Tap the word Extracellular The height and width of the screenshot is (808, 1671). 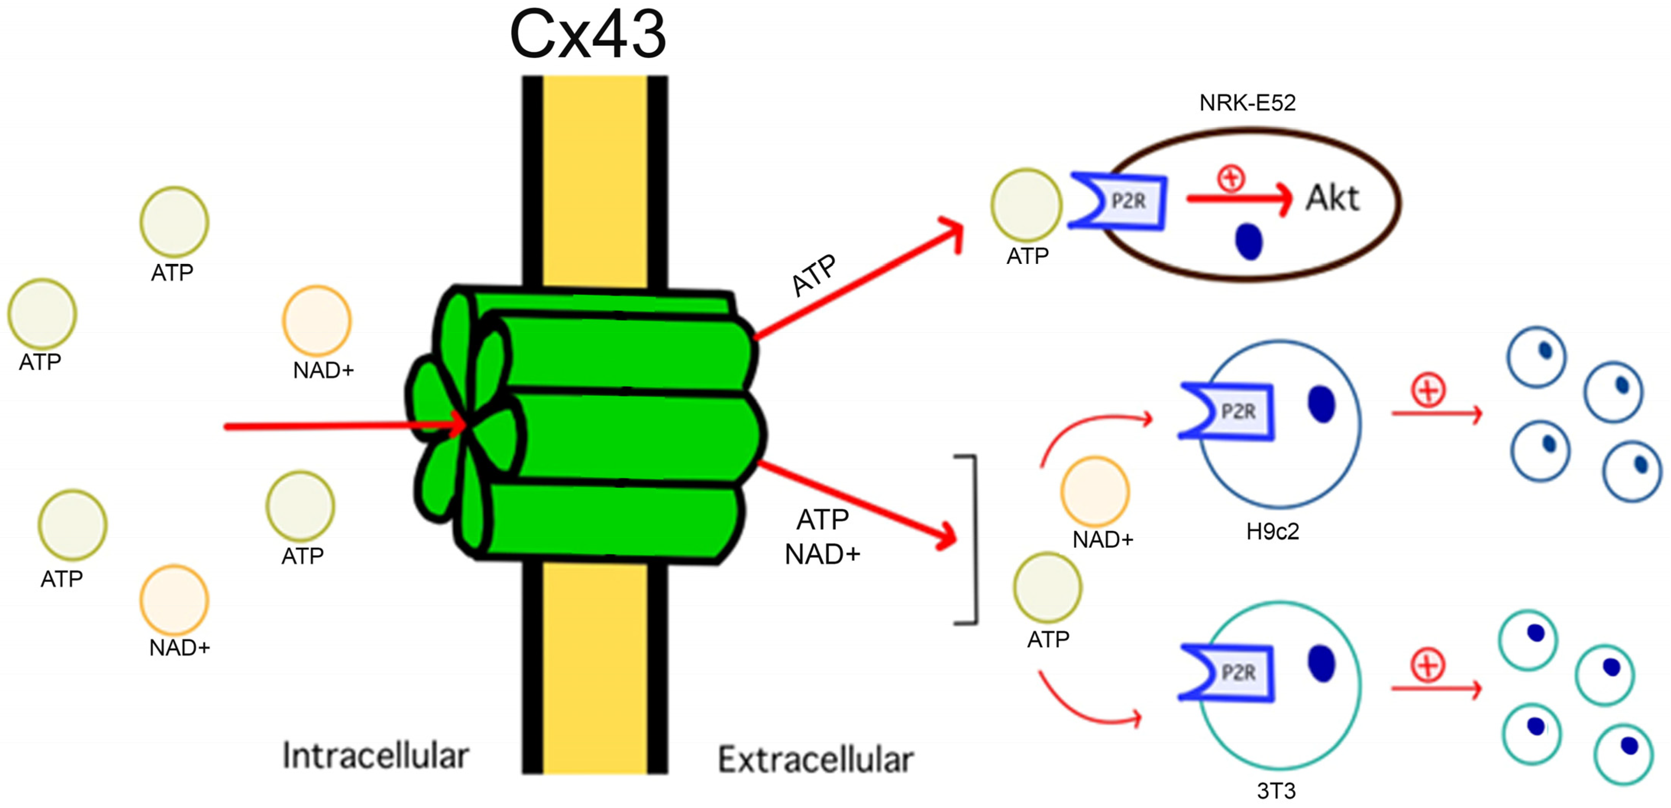[815, 760]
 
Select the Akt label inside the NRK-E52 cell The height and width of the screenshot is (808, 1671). [1332, 198]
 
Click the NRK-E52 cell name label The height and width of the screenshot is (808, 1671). [1247, 102]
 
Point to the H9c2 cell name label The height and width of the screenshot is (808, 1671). [1272, 532]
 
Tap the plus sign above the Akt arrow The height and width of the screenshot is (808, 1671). [1231, 178]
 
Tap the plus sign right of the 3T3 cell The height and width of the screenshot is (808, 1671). [1428, 665]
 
